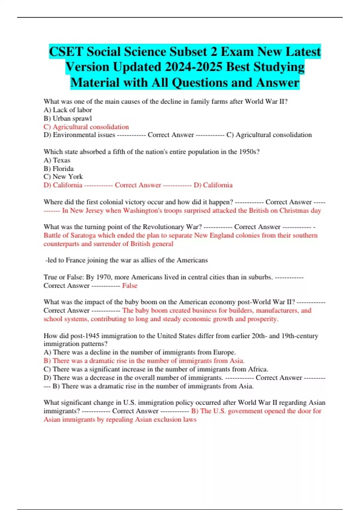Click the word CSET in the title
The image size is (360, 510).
pyautogui.click(x=66, y=52)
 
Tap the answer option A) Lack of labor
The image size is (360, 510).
pyautogui.click(x=68, y=110)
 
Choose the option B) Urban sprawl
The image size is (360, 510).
pyautogui.click(x=68, y=118)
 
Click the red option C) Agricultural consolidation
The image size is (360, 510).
pyautogui.click(x=86, y=127)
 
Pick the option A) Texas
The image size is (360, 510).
pyautogui.click(x=57, y=160)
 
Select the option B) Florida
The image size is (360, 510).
pyautogui.click(x=58, y=169)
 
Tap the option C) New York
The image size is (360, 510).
pyautogui.click(x=63, y=177)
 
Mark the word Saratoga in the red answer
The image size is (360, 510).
pyautogui.click(x=83, y=235)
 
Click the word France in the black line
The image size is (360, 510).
pyautogui.click(x=75, y=260)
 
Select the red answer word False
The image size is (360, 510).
pyautogui.click(x=130, y=286)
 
